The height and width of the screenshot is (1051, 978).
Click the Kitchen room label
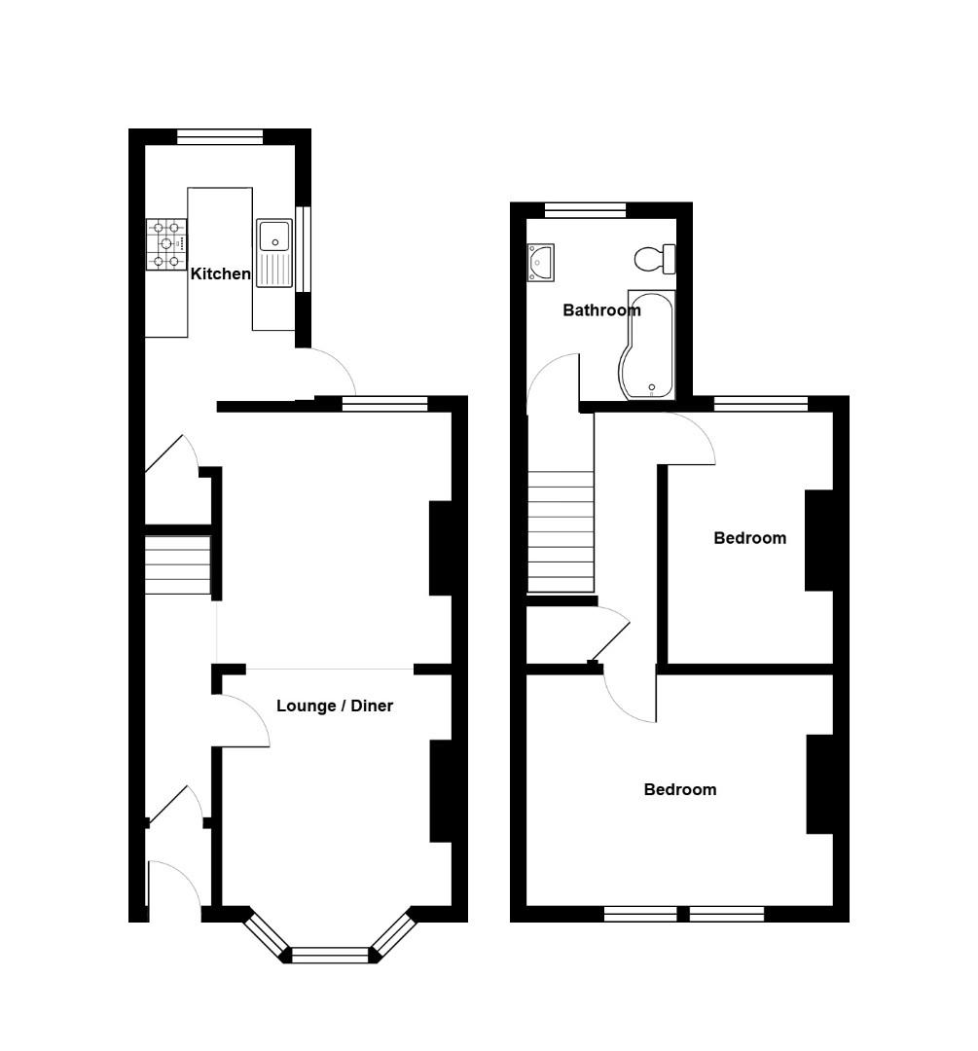tap(221, 273)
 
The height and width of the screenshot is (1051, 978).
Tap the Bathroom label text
tap(601, 310)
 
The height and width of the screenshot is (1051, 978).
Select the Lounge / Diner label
tap(335, 706)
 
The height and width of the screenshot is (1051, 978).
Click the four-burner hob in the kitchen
tap(166, 244)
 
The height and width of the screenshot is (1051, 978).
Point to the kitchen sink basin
tap(274, 235)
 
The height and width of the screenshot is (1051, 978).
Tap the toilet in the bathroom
tap(654, 259)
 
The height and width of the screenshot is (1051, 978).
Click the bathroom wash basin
tap(540, 263)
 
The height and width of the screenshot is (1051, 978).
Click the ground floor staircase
tap(178, 565)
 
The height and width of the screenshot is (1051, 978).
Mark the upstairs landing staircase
tap(561, 531)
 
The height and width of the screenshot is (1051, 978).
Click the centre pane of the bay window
tap(331, 955)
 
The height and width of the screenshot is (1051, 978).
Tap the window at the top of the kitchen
tap(220, 137)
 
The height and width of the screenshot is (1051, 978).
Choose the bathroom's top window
tap(585, 210)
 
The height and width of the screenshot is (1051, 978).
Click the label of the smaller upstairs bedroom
tap(749, 538)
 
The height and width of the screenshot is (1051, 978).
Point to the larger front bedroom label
tap(679, 789)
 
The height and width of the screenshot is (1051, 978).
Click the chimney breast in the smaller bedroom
tap(818, 540)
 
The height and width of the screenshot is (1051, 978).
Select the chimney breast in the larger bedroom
tap(819, 784)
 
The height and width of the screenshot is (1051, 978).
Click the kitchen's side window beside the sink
tap(304, 249)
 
